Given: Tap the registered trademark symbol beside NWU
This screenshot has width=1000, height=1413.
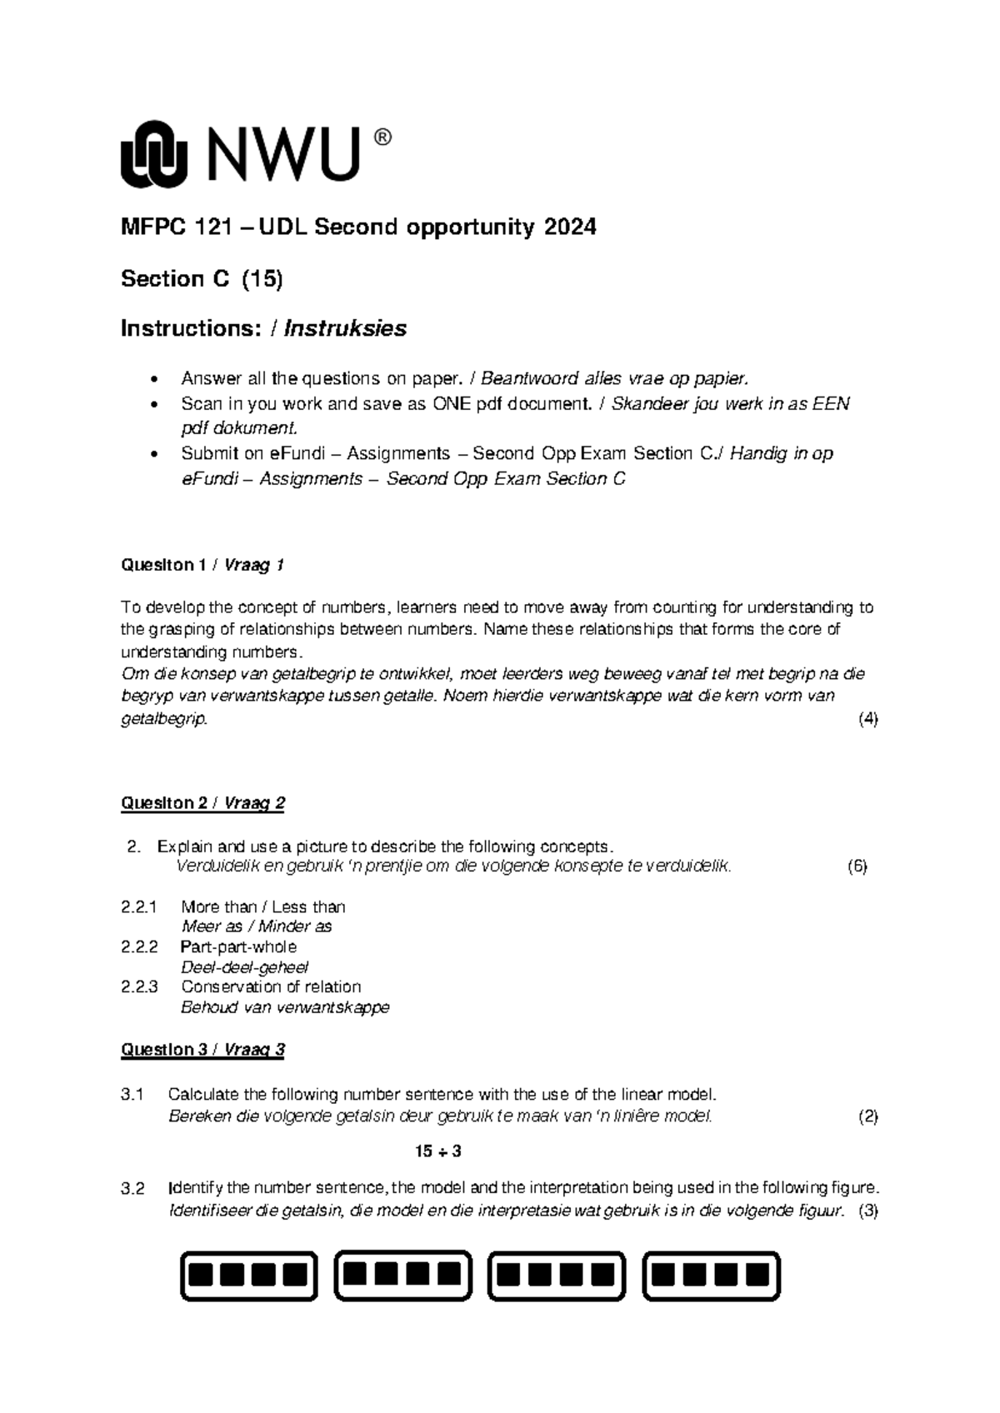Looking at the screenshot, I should point(382,138).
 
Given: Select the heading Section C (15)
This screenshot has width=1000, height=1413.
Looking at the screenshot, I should point(202,278).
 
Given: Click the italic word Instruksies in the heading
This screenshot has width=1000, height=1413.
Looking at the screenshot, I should point(345,328).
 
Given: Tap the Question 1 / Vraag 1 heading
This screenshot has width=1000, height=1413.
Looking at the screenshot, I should point(202,565).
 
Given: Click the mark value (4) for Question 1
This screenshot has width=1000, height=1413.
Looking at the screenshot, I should point(867,719).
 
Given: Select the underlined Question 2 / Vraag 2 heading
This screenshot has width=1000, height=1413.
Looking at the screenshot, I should point(202,803).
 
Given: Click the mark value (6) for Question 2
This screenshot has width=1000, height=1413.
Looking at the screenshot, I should point(857,866).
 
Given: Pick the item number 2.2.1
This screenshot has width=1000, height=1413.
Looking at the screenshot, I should point(139,906).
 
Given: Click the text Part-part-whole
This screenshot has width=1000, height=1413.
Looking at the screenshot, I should point(238,946).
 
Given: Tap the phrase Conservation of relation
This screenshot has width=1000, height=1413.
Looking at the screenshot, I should point(271,986).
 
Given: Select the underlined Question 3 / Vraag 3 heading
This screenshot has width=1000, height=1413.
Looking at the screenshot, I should point(202,1049).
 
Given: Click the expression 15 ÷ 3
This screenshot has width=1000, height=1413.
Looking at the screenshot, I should point(438,1151).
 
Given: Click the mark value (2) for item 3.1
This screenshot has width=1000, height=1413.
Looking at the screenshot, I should point(867,1116).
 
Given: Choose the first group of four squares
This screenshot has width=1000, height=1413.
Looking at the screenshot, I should point(249,1276).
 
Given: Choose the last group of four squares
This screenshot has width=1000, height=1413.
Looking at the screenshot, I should point(711,1276).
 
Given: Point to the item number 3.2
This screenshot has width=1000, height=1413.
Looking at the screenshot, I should point(132,1189).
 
